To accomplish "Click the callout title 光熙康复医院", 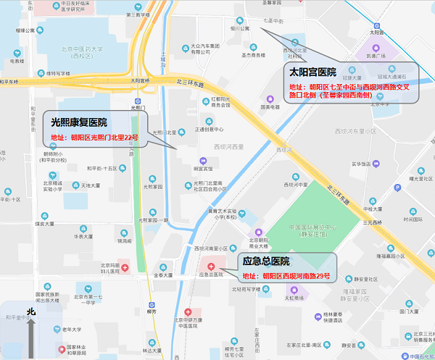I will [80, 122].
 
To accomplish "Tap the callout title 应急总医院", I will [266, 261].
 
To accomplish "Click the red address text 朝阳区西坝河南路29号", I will [286, 276].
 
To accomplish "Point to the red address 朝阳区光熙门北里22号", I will [94, 137].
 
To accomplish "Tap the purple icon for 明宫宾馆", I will [201, 160].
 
